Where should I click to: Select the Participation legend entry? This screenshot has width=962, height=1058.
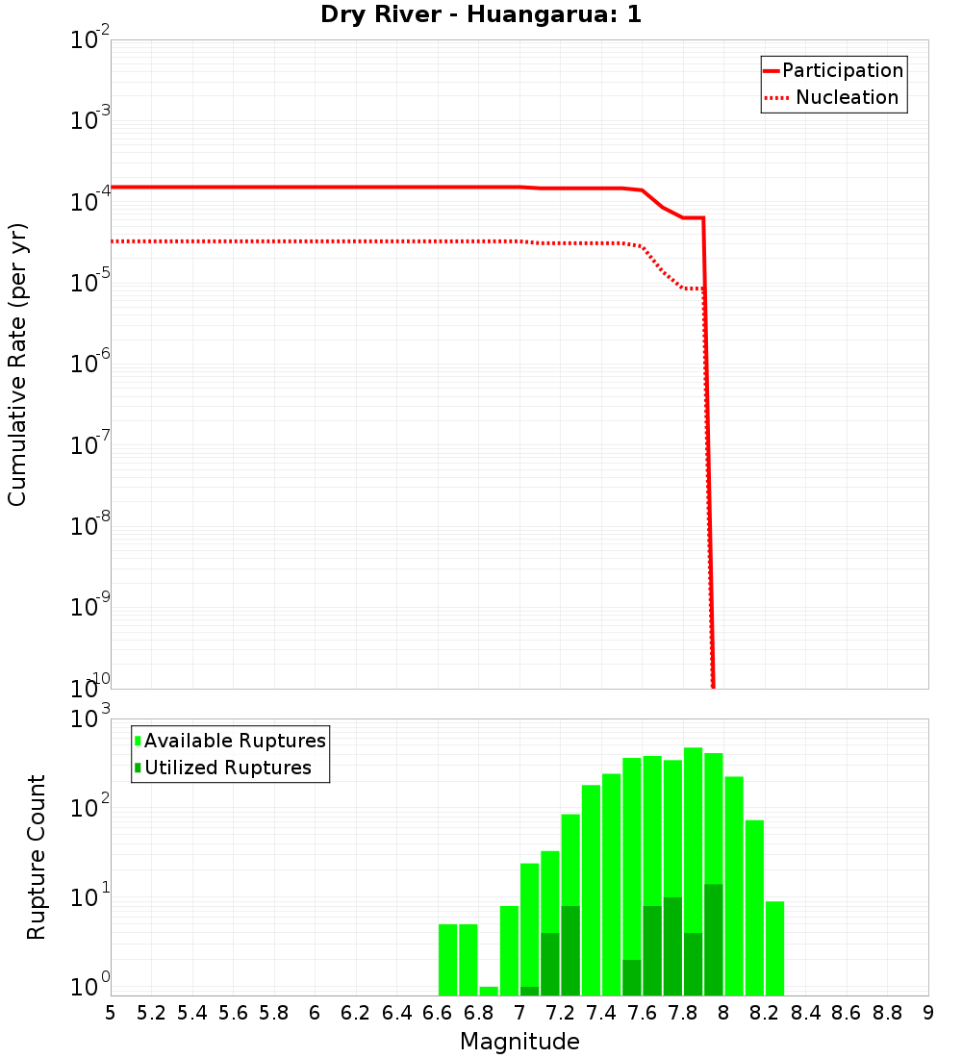coord(833,70)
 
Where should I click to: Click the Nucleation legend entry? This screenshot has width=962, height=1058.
coord(833,97)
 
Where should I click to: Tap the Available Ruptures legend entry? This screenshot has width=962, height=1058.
coord(231,741)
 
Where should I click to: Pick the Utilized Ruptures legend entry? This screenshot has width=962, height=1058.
coord(223,768)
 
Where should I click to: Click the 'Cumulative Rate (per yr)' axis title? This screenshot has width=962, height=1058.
coord(17,364)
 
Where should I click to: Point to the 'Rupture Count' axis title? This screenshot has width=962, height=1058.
coord(36,857)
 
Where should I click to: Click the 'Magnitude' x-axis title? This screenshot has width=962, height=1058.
coord(519,1042)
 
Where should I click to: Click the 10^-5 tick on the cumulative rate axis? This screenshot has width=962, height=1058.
coord(90,284)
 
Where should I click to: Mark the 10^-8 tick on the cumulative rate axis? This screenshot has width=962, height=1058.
coord(90,527)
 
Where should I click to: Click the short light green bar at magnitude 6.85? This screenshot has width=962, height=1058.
coord(489,991)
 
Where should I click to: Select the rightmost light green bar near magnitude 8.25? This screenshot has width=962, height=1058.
coord(774,947)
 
